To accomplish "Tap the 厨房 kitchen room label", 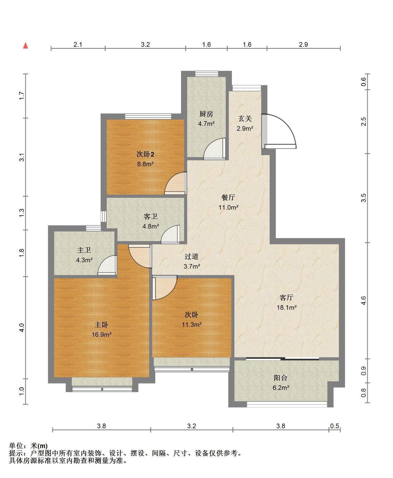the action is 206,114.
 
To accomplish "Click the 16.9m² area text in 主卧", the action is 102,334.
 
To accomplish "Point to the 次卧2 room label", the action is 145,154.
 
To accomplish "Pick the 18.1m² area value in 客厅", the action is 287,307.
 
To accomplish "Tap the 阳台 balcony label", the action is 281,378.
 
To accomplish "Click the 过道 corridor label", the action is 191,256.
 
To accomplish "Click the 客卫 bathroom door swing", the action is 170,234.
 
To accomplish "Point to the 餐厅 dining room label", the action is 228,197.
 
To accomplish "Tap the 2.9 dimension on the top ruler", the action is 303,44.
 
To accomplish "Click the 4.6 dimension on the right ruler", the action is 363,300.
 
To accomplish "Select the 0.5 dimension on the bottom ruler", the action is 335,426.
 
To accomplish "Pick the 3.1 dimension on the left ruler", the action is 22,157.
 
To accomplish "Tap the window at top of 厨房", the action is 207,74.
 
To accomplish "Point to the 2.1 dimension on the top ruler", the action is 78,44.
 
